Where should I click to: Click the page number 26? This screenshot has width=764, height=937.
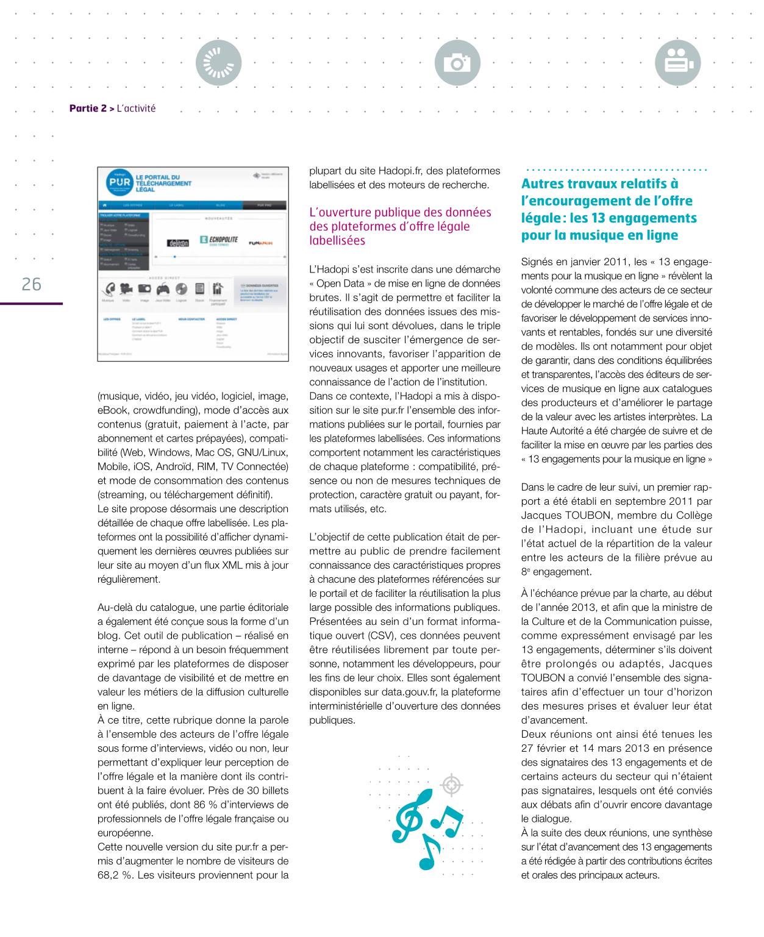click(x=31, y=284)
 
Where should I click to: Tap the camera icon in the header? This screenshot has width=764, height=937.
click(x=457, y=63)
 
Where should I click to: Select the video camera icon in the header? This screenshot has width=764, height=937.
click(x=678, y=63)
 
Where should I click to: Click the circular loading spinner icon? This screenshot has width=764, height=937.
click(x=219, y=63)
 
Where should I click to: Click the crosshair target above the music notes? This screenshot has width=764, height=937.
click(x=451, y=785)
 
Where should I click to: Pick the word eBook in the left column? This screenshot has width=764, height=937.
click(x=113, y=410)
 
